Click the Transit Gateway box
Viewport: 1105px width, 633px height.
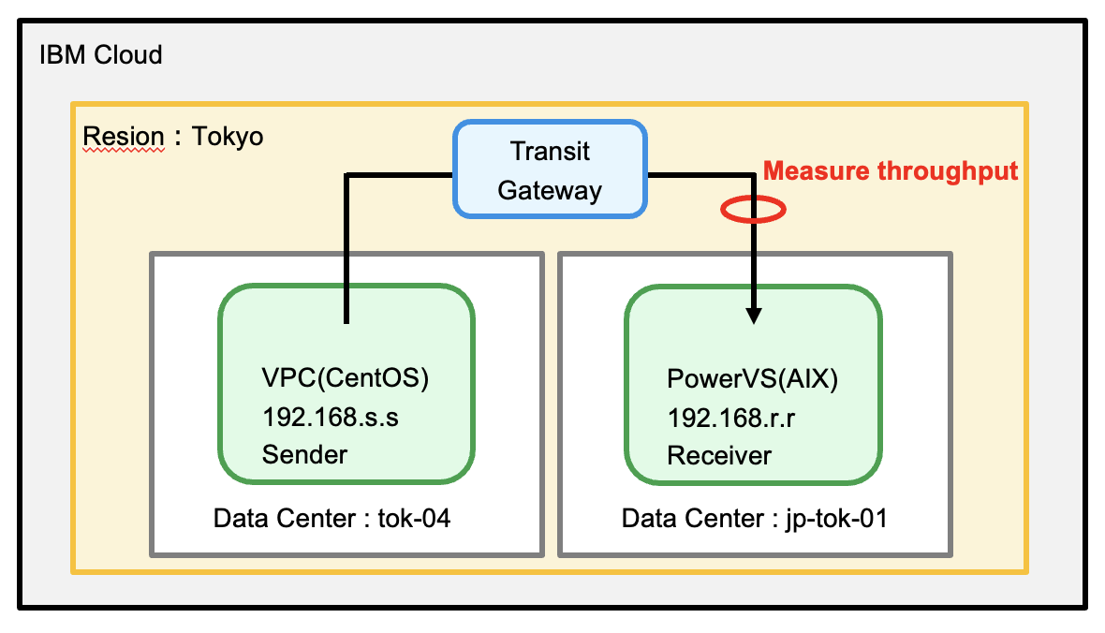click(x=550, y=169)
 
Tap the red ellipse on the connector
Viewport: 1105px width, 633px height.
click(x=752, y=209)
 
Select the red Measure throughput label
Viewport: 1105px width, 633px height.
click(x=891, y=171)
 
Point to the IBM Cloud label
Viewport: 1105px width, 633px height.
click(x=101, y=54)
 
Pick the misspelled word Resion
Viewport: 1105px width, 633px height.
click(x=124, y=137)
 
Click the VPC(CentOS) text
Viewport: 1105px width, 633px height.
click(x=346, y=379)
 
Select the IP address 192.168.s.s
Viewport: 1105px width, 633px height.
click(x=331, y=417)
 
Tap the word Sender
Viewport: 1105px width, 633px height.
click(x=304, y=455)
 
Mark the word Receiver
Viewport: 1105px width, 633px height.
click(x=719, y=455)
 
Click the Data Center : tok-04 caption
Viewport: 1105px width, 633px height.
click(x=331, y=518)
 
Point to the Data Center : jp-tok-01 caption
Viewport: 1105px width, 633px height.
click(x=755, y=518)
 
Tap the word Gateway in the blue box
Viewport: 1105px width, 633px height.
click(x=550, y=190)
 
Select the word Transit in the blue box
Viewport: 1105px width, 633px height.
click(x=550, y=150)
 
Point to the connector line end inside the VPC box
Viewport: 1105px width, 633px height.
click(x=346, y=321)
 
